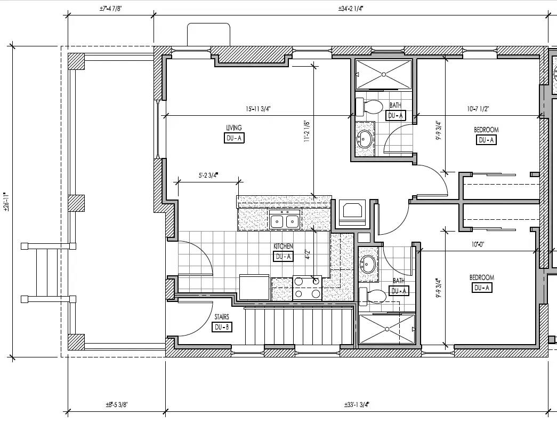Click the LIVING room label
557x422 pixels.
234,128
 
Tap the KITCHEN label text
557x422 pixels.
283,246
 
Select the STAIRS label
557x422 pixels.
222,317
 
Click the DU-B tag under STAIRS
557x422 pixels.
222,327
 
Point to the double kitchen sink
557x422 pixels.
284,220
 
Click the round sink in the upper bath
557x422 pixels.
365,139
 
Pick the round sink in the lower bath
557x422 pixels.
368,264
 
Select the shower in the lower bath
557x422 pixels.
386,328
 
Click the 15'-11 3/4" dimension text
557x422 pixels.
259,109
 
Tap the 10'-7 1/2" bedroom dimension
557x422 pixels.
478,109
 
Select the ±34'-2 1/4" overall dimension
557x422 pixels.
352,9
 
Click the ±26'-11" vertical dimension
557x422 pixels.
6,202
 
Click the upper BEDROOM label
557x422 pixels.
486,130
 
